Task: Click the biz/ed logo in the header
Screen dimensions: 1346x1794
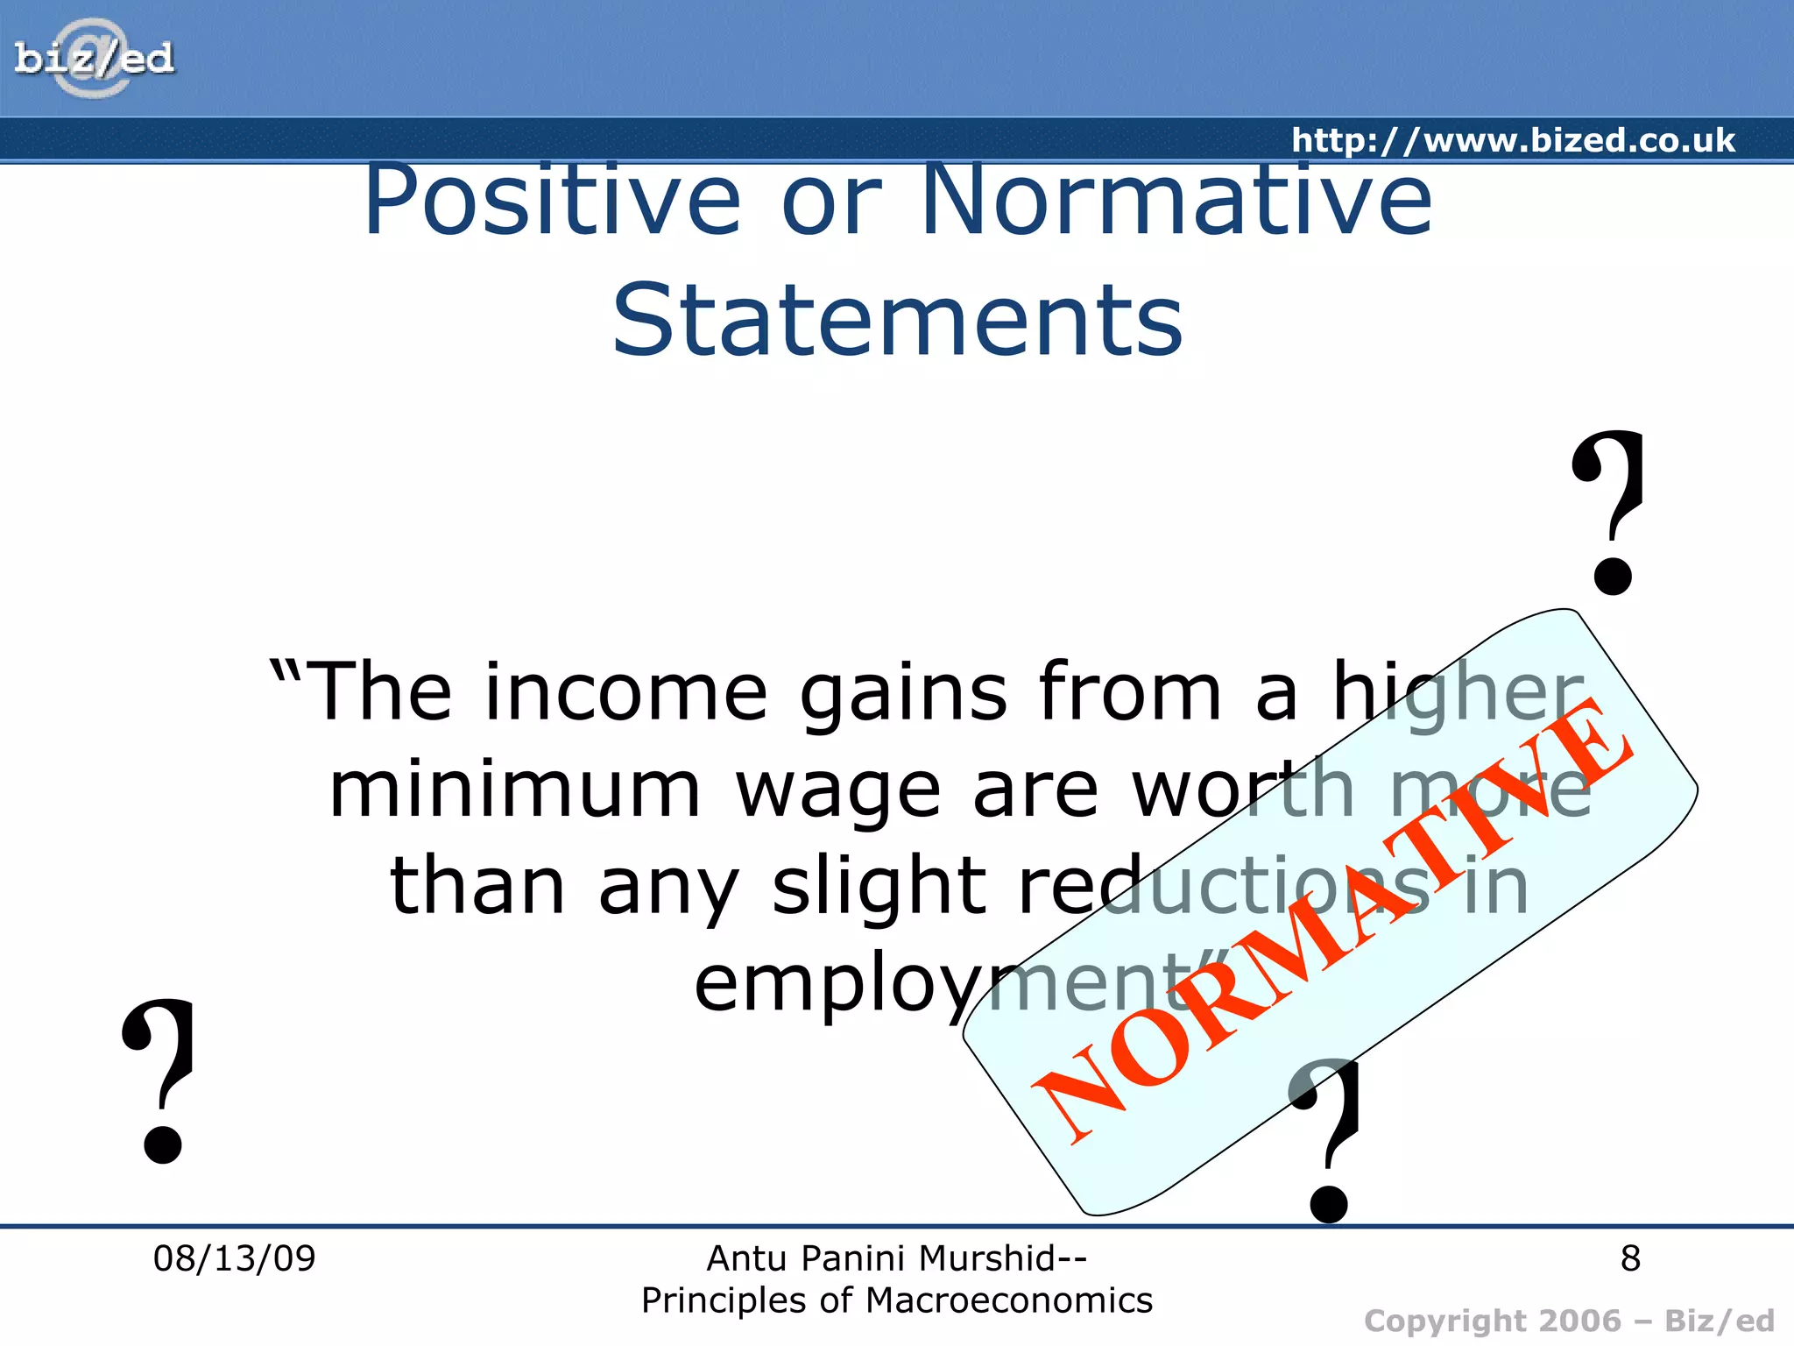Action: [x=94, y=59]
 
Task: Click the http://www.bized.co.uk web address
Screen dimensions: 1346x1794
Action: [x=1513, y=140]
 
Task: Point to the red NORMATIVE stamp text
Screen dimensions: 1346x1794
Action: [x=1331, y=920]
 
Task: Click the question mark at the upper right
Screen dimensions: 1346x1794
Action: [x=1609, y=513]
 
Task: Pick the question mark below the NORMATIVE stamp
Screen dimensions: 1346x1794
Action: [x=1326, y=1139]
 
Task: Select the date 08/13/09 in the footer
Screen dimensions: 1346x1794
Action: [x=234, y=1258]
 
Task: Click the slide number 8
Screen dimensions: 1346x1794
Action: [x=1630, y=1258]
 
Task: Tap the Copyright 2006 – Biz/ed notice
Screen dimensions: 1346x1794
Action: [x=1569, y=1321]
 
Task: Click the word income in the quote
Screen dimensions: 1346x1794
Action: [x=625, y=692]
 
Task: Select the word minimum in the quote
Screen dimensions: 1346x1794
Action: [x=515, y=790]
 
